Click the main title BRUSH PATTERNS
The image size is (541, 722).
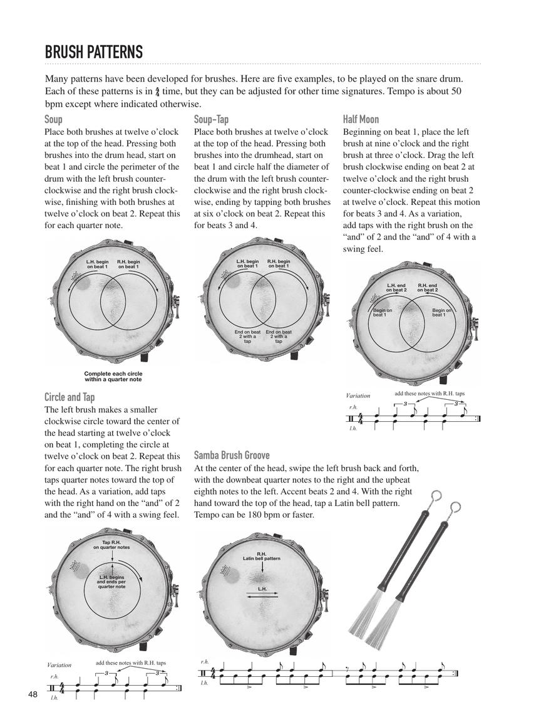[94, 52]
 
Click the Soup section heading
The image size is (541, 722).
[53, 119]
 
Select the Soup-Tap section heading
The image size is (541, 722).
[211, 119]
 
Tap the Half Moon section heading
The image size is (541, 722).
[361, 119]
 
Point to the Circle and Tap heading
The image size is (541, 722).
[70, 397]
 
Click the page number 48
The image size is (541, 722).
[33, 694]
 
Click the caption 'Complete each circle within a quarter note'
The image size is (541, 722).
[113, 377]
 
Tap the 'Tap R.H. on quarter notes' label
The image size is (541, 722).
[111, 544]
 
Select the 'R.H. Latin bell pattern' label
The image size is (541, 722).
[261, 556]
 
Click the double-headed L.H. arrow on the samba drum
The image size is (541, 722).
[262, 597]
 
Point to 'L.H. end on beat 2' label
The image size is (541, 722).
[396, 288]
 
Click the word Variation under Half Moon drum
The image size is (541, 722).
[358, 395]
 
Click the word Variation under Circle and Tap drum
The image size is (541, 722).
[59, 664]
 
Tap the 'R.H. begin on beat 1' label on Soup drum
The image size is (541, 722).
[128, 264]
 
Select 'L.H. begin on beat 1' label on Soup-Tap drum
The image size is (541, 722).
[247, 264]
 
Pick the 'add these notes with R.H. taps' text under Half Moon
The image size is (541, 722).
[430, 393]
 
